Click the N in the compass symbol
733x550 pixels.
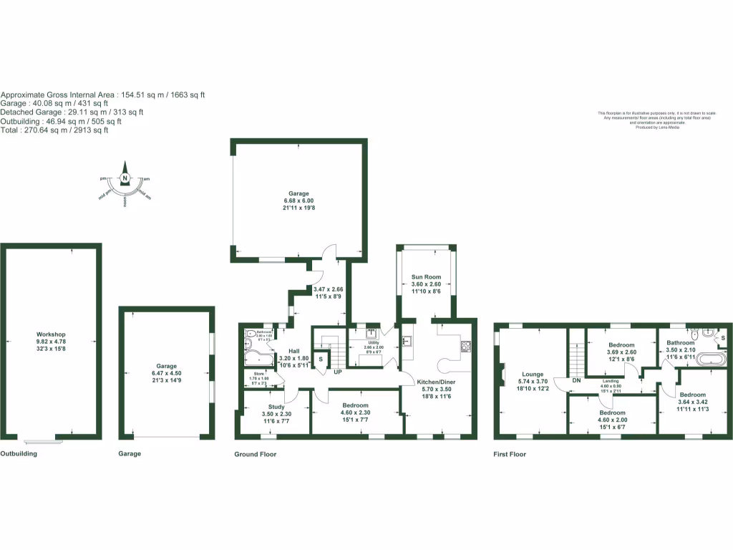click(x=125, y=178)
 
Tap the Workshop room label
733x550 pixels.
click(x=51, y=334)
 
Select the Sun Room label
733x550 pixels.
click(x=426, y=276)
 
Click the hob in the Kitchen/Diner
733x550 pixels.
click(x=465, y=347)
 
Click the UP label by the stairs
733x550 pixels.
click(x=336, y=372)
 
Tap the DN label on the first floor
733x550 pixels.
click(x=576, y=380)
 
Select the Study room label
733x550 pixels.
click(x=276, y=407)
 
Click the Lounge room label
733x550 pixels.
click(x=533, y=374)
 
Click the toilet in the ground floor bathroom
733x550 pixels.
click(x=249, y=333)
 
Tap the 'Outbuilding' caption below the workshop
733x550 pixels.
click(x=19, y=453)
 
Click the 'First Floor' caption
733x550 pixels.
click(x=510, y=454)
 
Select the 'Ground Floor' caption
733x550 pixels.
click(x=256, y=454)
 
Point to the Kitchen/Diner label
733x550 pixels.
click(x=436, y=382)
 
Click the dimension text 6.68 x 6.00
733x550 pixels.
click(x=298, y=201)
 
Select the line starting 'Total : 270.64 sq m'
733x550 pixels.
click(x=54, y=130)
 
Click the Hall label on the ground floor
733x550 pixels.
click(x=294, y=350)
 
